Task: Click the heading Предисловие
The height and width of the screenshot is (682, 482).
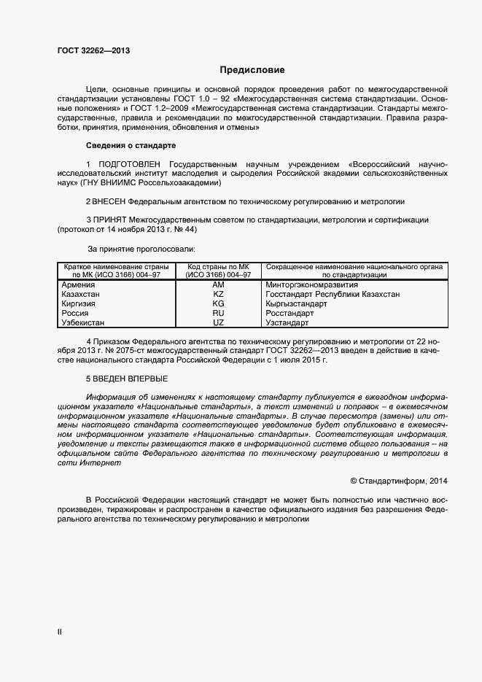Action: (252, 70)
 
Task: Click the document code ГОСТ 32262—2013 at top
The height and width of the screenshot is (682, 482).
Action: (93, 51)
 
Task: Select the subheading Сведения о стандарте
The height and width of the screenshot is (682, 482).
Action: (131, 145)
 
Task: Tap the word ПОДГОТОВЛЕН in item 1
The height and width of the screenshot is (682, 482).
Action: (127, 164)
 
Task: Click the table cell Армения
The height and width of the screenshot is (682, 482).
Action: (78, 284)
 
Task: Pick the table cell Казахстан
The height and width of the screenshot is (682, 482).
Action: (81, 294)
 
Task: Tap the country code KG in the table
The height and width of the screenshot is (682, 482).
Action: (218, 303)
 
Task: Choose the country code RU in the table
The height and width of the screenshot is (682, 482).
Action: (218, 313)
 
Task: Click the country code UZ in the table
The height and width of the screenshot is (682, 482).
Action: (218, 322)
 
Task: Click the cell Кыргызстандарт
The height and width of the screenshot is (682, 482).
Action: (296, 303)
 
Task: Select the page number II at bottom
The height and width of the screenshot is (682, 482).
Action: (59, 632)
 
